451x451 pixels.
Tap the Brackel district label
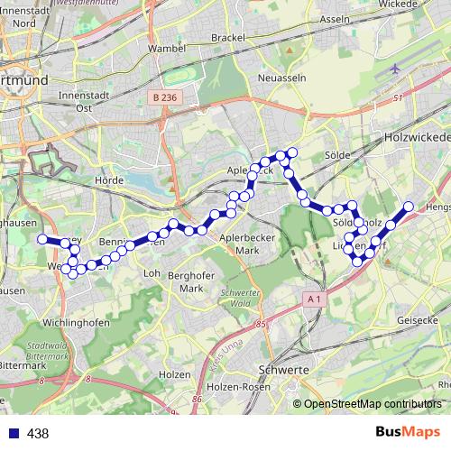click(x=227, y=37)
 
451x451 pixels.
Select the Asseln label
click(x=335, y=19)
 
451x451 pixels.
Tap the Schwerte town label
click(x=284, y=371)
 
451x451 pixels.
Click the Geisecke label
click(x=418, y=319)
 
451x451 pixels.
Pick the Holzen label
click(x=173, y=373)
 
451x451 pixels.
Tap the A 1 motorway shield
click(x=313, y=299)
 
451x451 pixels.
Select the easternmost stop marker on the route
click(x=409, y=207)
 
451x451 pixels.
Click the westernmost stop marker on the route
click(x=41, y=239)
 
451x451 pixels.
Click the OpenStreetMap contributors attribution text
click(x=373, y=403)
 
